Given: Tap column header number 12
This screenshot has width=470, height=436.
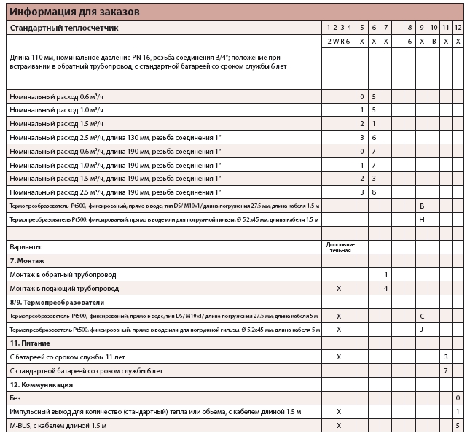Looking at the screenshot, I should click(458, 28).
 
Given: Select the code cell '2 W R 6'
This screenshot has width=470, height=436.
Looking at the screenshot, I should click(340, 42).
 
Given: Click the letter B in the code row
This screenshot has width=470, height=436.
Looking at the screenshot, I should click(434, 42).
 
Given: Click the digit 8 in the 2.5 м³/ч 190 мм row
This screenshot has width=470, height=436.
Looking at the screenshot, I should click(374, 192).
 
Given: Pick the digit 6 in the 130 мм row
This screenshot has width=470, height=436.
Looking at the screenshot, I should click(374, 137).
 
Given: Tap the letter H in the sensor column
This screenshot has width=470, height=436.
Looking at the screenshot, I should click(422, 219).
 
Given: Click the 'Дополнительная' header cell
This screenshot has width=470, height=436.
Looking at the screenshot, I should click(340, 247).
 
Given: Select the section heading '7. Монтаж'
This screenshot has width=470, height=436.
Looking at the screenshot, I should click(28, 261).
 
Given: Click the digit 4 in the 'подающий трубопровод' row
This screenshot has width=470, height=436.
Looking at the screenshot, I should click(385, 289).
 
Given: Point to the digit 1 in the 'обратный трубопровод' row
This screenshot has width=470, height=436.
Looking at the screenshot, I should click(385, 275).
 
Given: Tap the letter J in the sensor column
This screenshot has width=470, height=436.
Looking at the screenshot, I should click(422, 330).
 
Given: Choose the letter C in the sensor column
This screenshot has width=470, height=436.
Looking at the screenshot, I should click(422, 316).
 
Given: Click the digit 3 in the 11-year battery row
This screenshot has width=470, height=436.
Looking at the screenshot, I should click(446, 357).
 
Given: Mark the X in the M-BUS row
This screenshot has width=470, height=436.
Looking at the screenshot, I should click(340, 425).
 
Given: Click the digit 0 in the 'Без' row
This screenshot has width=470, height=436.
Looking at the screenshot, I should click(458, 398).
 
